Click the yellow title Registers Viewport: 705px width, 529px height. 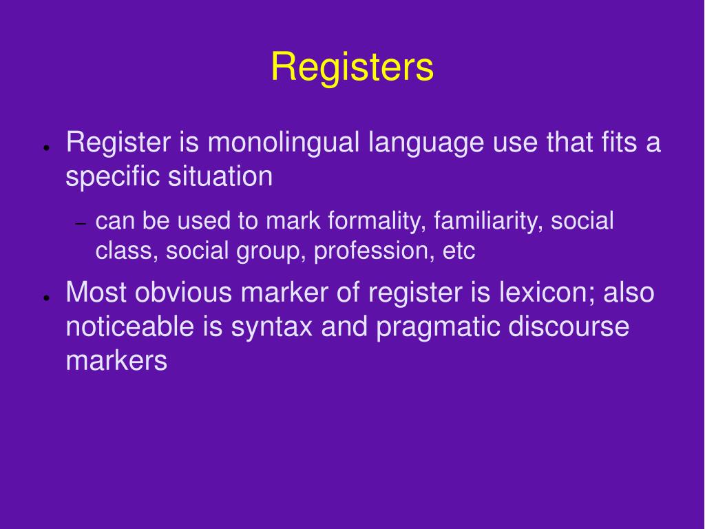click(x=352, y=68)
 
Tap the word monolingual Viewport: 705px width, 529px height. click(x=284, y=143)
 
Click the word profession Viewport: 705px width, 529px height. click(x=374, y=251)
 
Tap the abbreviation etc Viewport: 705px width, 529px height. click(x=459, y=251)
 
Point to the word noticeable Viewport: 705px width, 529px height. click(x=130, y=326)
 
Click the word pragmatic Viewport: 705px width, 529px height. click(x=438, y=326)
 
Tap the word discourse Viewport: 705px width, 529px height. click(x=569, y=326)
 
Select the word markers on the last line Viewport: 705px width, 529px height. click(x=116, y=360)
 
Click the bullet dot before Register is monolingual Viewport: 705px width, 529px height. click(x=45, y=148)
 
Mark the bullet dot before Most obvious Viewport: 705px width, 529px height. click(x=45, y=298)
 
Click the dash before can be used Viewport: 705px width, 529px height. click(x=80, y=225)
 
